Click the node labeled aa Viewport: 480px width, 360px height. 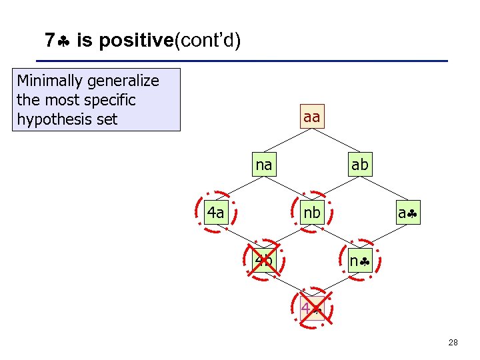pyautogui.click(x=311, y=117)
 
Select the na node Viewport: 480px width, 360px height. pyautogui.click(x=264, y=165)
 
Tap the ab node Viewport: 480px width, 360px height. pyautogui.click(x=359, y=165)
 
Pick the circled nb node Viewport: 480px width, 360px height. pyautogui.click(x=311, y=213)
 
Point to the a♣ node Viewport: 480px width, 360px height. pyautogui.click(x=407, y=213)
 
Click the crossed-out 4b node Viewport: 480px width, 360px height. pyautogui.click(x=264, y=260)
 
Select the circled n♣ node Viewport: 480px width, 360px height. pyautogui.click(x=359, y=261)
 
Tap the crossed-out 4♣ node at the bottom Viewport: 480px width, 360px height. pyautogui.click(x=311, y=308)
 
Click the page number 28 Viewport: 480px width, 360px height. pyautogui.click(x=453, y=343)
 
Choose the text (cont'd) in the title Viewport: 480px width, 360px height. pyautogui.click(x=207, y=41)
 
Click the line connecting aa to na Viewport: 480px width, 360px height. pyautogui.click(x=288, y=141)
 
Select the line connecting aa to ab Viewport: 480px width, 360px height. pyautogui.click(x=335, y=141)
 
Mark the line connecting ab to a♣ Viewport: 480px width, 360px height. pyautogui.click(x=383, y=189)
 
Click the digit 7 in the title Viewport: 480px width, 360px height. pyautogui.click(x=49, y=41)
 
